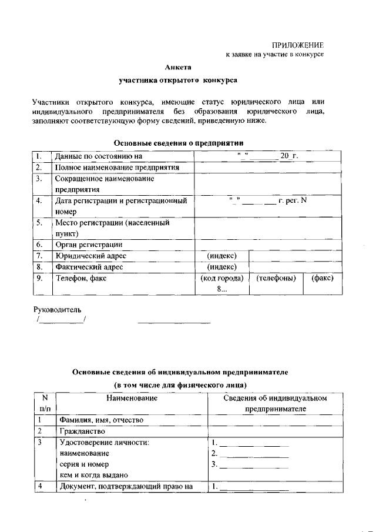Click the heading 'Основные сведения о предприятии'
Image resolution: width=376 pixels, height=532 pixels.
178,143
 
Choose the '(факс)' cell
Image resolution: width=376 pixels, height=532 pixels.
323,278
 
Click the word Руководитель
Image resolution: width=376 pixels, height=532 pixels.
56,309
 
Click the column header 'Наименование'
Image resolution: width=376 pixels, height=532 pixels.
132,398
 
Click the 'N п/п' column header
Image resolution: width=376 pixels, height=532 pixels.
45,403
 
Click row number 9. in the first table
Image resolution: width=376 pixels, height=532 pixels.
39,278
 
